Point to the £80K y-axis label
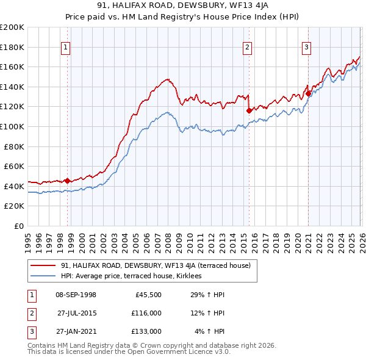tap(14, 146)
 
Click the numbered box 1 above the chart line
tap(65, 47)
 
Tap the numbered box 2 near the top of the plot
tap(247, 47)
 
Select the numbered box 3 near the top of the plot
tap(306, 47)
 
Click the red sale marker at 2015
tap(249, 110)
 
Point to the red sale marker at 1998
tap(68, 181)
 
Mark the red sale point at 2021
tap(308, 93)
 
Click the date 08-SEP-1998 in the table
tap(76, 295)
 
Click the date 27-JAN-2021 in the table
tap(76, 331)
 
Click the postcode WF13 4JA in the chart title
tap(242, 7)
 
